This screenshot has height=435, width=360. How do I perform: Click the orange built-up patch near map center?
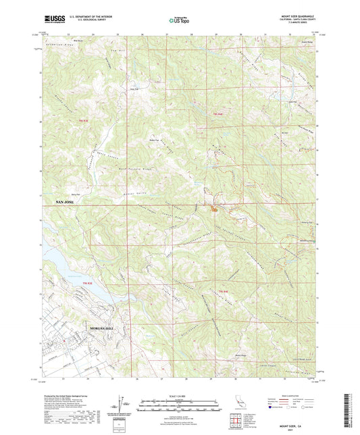pyautogui.click(x=214, y=209)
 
